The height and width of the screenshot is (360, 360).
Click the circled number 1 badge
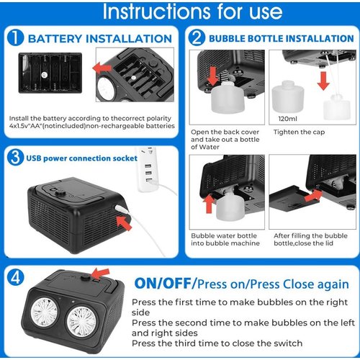pyautogui.click(x=15, y=38)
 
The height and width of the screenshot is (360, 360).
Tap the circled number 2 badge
pyautogui.click(x=197, y=38)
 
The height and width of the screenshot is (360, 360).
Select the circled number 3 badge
pyautogui.click(x=15, y=158)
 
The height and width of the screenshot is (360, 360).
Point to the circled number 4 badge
pyautogui.click(x=16, y=277)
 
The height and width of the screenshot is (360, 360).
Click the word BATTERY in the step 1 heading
pyautogui.click(x=55, y=39)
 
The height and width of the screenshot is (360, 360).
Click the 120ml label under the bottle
pyautogui.click(x=287, y=119)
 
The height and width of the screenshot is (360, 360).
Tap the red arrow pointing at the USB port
pyautogui.click(x=125, y=223)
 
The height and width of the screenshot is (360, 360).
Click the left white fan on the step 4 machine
pyautogui.click(x=44, y=312)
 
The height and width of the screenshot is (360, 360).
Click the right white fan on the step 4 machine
pyautogui.click(x=81, y=321)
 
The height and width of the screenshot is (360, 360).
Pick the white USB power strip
pyautogui.click(x=146, y=169)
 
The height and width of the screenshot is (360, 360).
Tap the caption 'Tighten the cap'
pyautogui.click(x=299, y=132)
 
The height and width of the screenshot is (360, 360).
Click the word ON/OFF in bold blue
pyautogui.click(x=163, y=284)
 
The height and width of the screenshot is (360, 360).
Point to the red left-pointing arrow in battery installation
pyautogui.click(x=102, y=68)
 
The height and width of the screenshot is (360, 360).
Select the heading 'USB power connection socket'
pyautogui.click(x=81, y=158)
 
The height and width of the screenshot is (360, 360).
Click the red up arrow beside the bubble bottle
pyautogui.click(x=209, y=204)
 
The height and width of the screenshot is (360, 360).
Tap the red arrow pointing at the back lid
pyautogui.click(x=314, y=195)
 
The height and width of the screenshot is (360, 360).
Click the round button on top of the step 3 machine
pyautogui.click(x=60, y=193)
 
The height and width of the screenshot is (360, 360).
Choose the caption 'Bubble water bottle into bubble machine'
pyautogui.click(x=225, y=239)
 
